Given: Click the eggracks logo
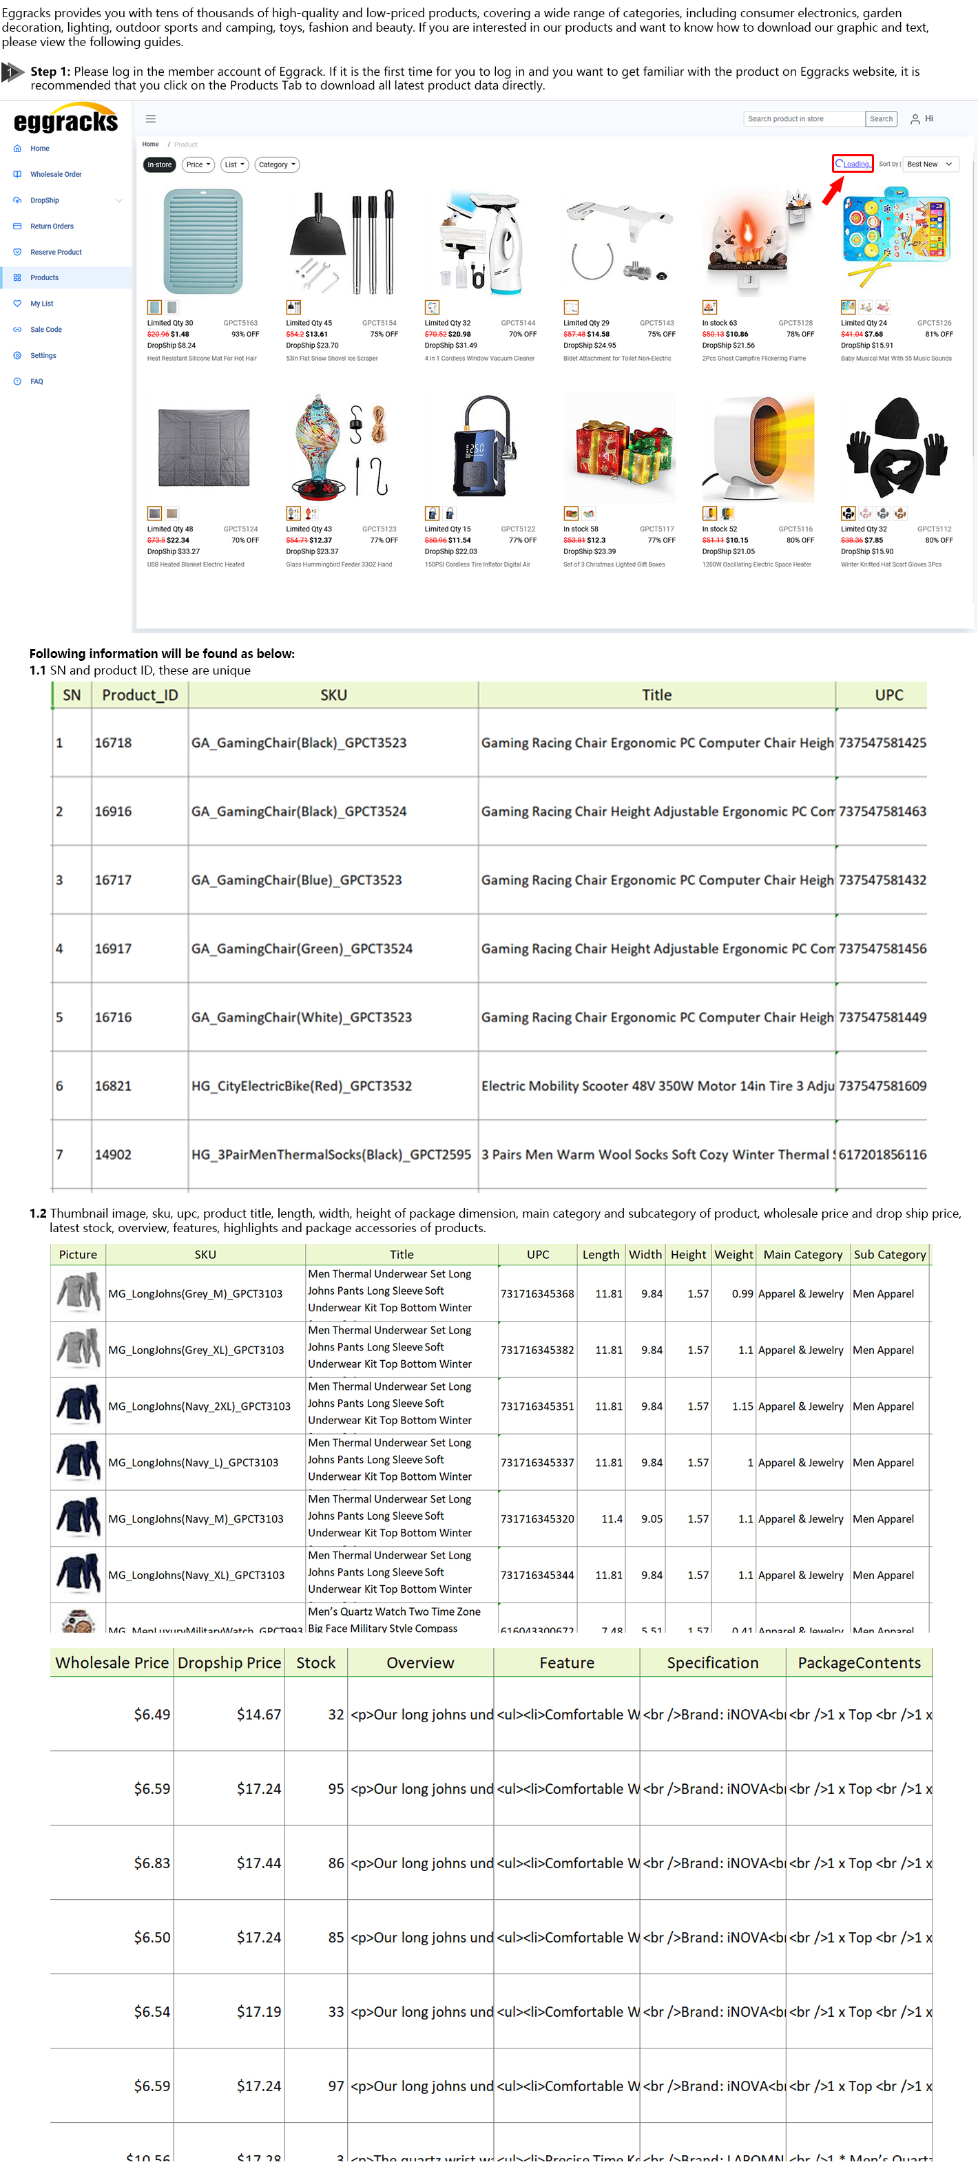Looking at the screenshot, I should click(x=65, y=120).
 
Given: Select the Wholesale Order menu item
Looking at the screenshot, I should click(x=56, y=174).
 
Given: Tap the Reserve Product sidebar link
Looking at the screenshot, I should click(x=56, y=252).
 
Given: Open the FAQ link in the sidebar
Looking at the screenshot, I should click(x=37, y=382).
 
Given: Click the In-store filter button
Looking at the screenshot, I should click(x=159, y=165).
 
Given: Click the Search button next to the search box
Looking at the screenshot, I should click(x=880, y=119).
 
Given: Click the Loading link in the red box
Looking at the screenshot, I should click(x=853, y=165).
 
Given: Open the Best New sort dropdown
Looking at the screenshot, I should click(x=928, y=165).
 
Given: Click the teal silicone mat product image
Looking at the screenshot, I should click(x=202, y=241).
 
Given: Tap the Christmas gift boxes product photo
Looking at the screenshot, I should click(x=619, y=447).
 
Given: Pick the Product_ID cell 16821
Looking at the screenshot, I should click(x=113, y=1085).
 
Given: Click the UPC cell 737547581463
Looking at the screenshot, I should click(x=882, y=811).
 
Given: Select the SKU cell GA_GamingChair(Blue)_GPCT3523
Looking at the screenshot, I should click(x=297, y=880).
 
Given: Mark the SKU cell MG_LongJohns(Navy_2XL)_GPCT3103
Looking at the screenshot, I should click(x=199, y=1406).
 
